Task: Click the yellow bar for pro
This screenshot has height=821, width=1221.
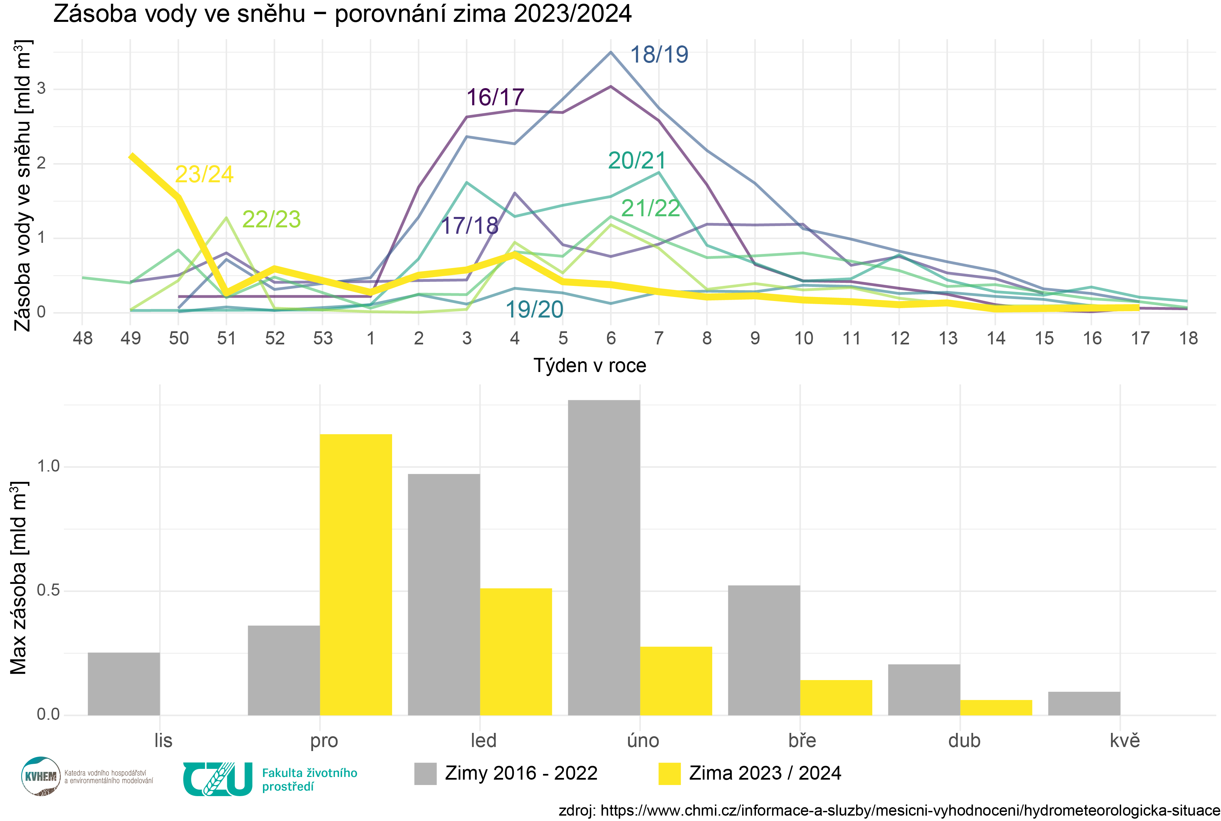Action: (356, 574)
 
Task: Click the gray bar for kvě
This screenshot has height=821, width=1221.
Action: (1084, 703)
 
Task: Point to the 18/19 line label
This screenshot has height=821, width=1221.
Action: (659, 54)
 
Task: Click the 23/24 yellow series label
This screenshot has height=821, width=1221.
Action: (204, 174)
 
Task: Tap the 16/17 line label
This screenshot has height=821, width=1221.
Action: (495, 98)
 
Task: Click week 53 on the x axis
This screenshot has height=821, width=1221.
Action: (322, 338)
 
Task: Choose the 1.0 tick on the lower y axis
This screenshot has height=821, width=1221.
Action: (48, 466)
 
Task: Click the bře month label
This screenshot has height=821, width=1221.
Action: (802, 740)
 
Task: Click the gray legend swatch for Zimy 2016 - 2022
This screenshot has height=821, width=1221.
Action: (425, 773)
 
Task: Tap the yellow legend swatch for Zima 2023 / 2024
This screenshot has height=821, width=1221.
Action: (670, 773)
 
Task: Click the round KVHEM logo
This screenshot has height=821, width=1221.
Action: (40, 776)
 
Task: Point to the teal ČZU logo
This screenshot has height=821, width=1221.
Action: (218, 779)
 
